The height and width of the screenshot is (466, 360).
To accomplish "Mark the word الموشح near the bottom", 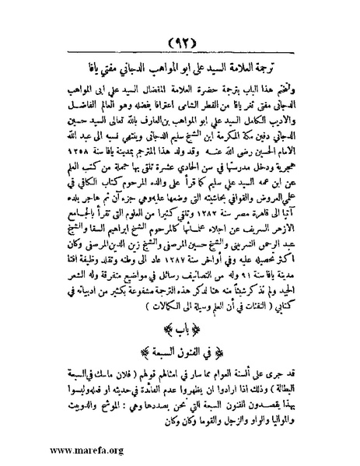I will pos(99,404).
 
